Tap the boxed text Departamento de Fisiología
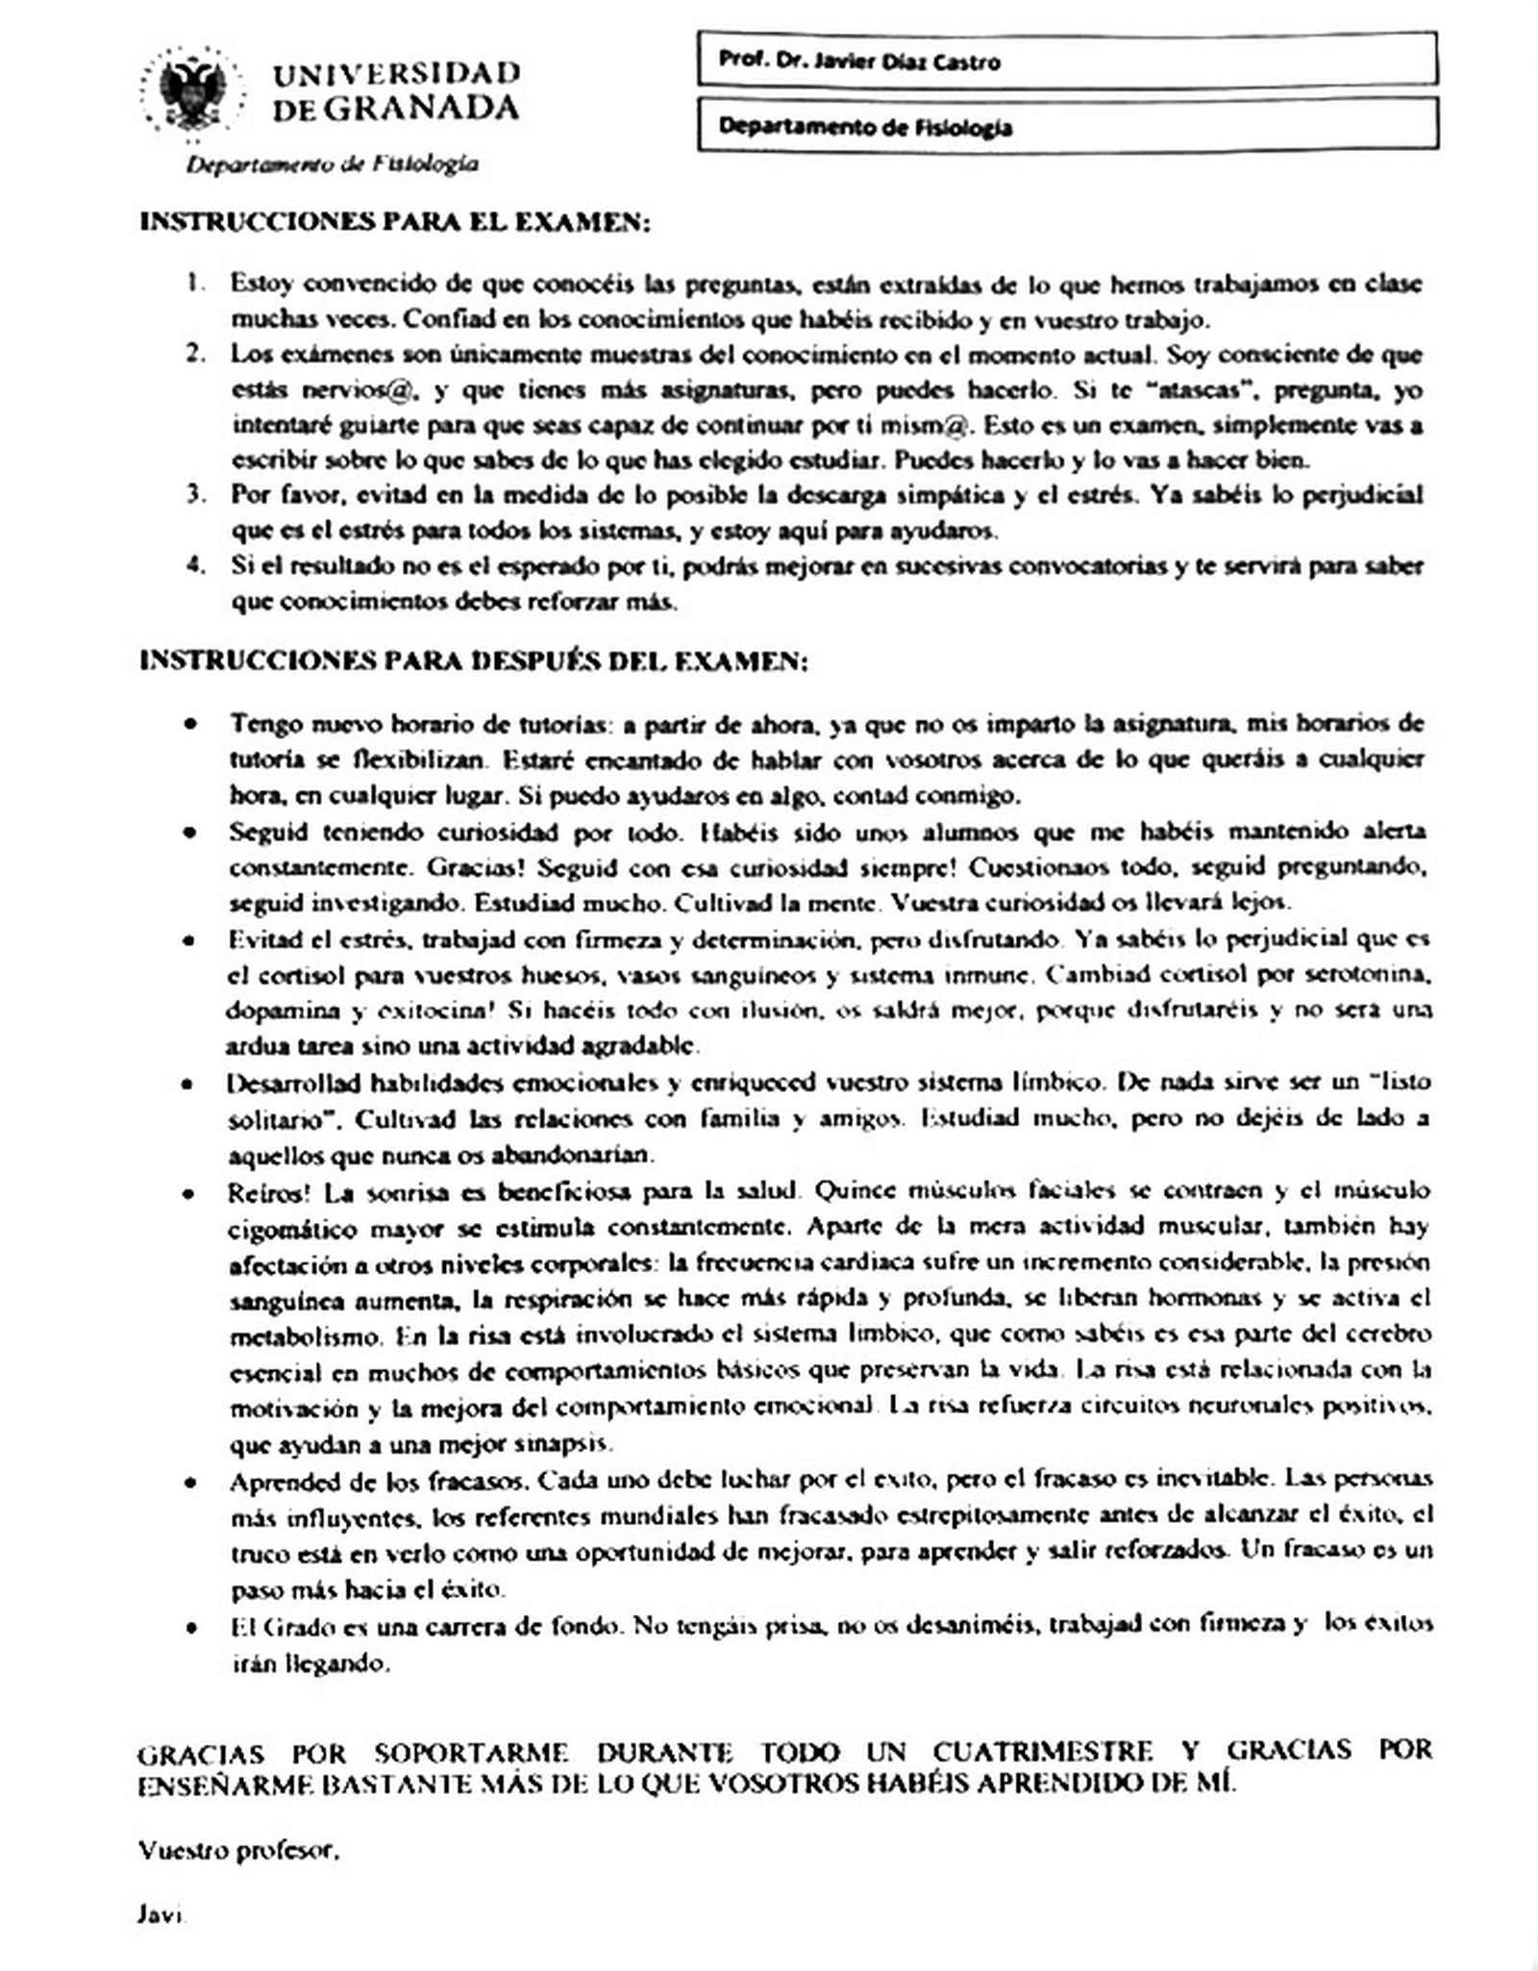(865, 127)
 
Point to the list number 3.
(195, 496)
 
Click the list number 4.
(195, 566)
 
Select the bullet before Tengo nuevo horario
(193, 724)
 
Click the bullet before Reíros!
(193, 1193)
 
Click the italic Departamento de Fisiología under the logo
(332, 164)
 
